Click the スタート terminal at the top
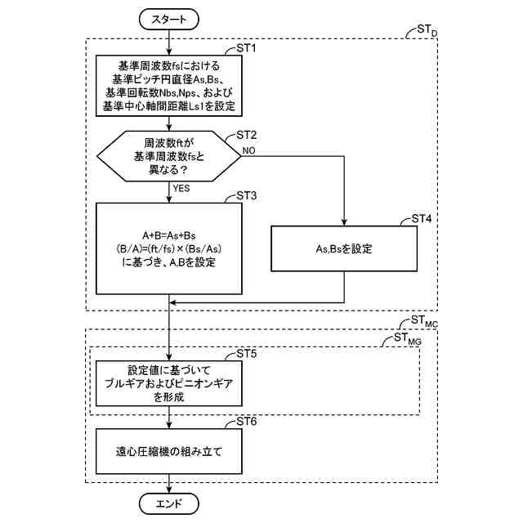169,19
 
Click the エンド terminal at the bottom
169,502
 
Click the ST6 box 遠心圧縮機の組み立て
169,450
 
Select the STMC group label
425,322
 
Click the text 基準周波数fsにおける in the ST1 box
169,65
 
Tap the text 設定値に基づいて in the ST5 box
169,369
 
